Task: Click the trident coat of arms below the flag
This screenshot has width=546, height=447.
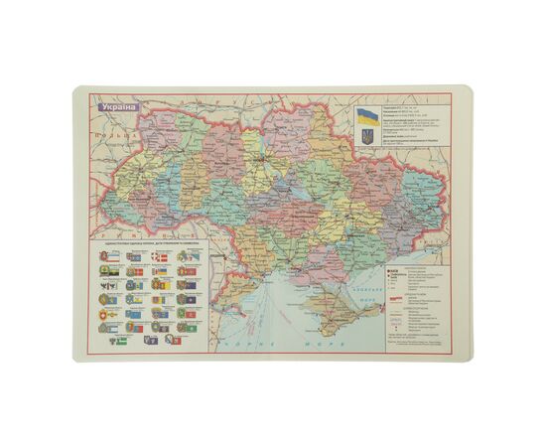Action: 366,134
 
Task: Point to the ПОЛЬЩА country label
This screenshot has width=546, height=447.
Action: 102,138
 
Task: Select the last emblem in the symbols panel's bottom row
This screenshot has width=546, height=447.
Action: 171,340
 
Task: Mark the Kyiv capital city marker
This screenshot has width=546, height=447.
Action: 264,159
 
